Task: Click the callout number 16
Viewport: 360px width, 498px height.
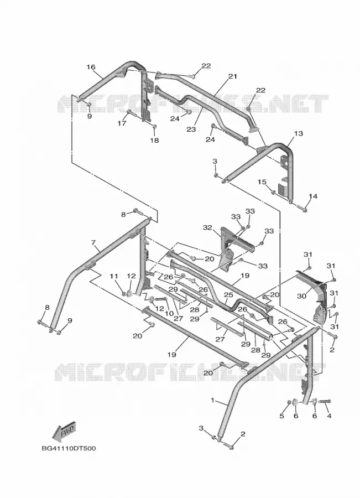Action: (x=91, y=67)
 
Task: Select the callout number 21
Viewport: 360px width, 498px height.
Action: (x=233, y=76)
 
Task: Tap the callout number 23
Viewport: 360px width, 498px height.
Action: (x=191, y=129)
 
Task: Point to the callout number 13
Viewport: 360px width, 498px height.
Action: (x=299, y=133)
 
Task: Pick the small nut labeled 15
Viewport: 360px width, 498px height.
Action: (x=273, y=192)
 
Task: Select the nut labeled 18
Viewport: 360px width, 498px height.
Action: (x=155, y=127)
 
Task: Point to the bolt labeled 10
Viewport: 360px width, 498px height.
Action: (x=161, y=299)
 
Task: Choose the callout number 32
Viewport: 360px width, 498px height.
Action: (x=207, y=227)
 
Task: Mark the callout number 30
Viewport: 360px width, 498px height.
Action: (x=301, y=295)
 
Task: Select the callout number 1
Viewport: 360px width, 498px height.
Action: (x=213, y=400)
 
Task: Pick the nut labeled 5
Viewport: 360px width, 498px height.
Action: (x=289, y=402)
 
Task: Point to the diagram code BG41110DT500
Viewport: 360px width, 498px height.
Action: (x=69, y=448)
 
